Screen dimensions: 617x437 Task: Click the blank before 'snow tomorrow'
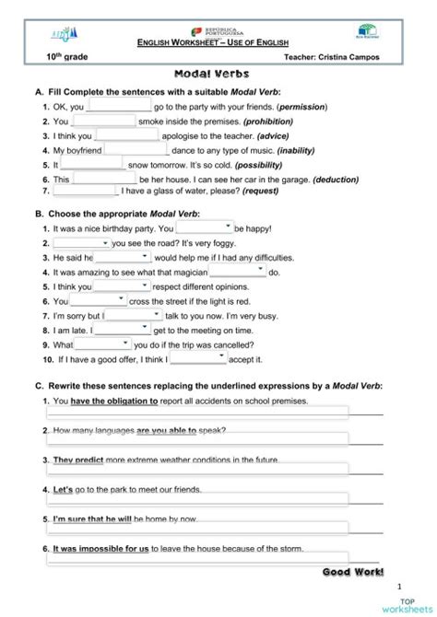tap(93, 164)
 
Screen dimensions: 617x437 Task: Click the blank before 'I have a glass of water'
tap(86, 192)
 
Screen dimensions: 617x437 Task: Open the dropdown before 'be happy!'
tap(205, 227)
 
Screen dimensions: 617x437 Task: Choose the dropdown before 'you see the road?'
tap(81, 243)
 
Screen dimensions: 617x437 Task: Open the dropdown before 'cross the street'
tap(99, 300)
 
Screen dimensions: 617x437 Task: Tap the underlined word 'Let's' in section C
tap(63, 489)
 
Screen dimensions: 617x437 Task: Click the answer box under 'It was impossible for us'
tap(197, 558)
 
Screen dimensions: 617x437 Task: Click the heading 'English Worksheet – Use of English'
tap(218, 43)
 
